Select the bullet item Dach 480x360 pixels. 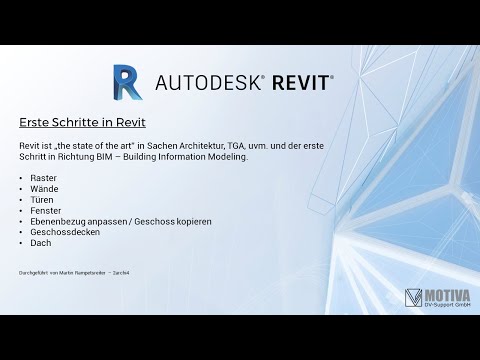point(41,242)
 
